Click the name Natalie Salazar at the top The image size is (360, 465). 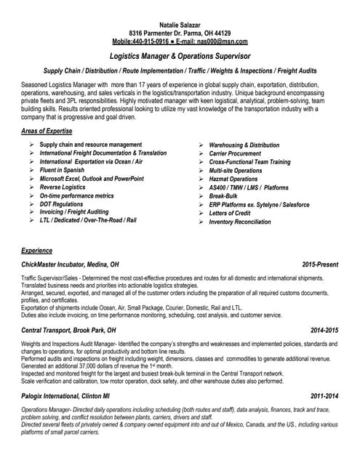tap(179, 25)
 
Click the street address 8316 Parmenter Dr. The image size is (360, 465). tap(160, 33)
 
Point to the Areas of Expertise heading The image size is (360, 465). tap(47, 131)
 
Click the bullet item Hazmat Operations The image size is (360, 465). tap(233, 179)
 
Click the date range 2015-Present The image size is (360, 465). tap(320, 264)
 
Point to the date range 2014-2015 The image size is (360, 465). tap(324, 331)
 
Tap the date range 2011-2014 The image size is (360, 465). tap(324, 397)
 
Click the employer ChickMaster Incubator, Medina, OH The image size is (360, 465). tap(71, 264)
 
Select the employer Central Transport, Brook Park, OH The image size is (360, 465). tap(68, 331)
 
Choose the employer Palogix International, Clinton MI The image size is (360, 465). tap(65, 397)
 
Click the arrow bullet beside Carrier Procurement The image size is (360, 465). tap(201, 154)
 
